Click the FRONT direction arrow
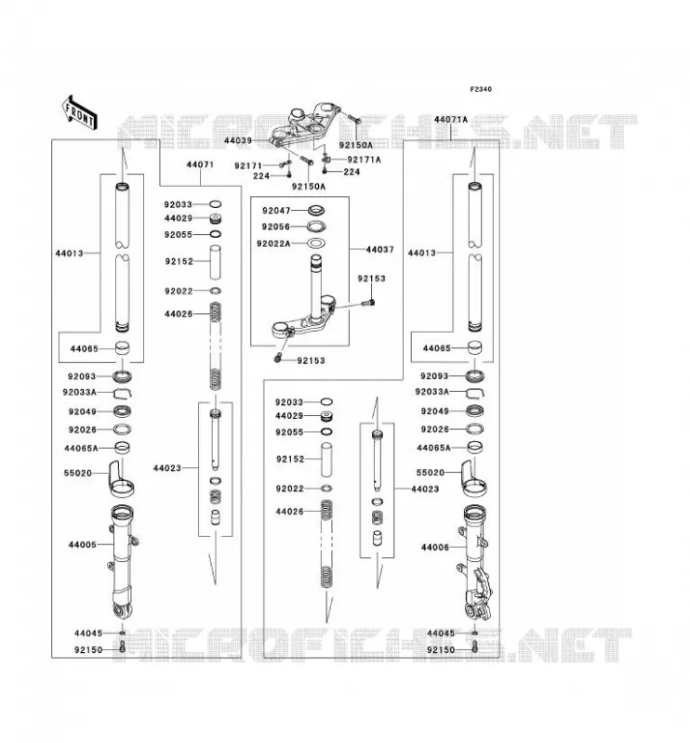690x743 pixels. point(80,112)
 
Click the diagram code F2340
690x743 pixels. point(481,89)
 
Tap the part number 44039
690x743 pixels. point(238,141)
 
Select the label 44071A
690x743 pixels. point(451,120)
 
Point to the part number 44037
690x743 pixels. point(379,249)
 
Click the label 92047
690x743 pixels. point(276,211)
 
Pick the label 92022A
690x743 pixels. point(273,243)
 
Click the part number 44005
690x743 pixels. point(82,545)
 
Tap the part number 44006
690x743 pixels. point(434,547)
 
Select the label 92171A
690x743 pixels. point(364,160)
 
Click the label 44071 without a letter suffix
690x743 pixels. point(200,165)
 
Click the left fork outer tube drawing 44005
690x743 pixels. point(124,563)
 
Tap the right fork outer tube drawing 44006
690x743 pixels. point(477,564)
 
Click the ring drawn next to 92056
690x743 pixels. point(316,227)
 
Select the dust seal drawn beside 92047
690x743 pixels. point(316,210)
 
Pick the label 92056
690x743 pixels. point(275,227)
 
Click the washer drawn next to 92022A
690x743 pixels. point(316,243)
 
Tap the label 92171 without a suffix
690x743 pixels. point(248,166)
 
